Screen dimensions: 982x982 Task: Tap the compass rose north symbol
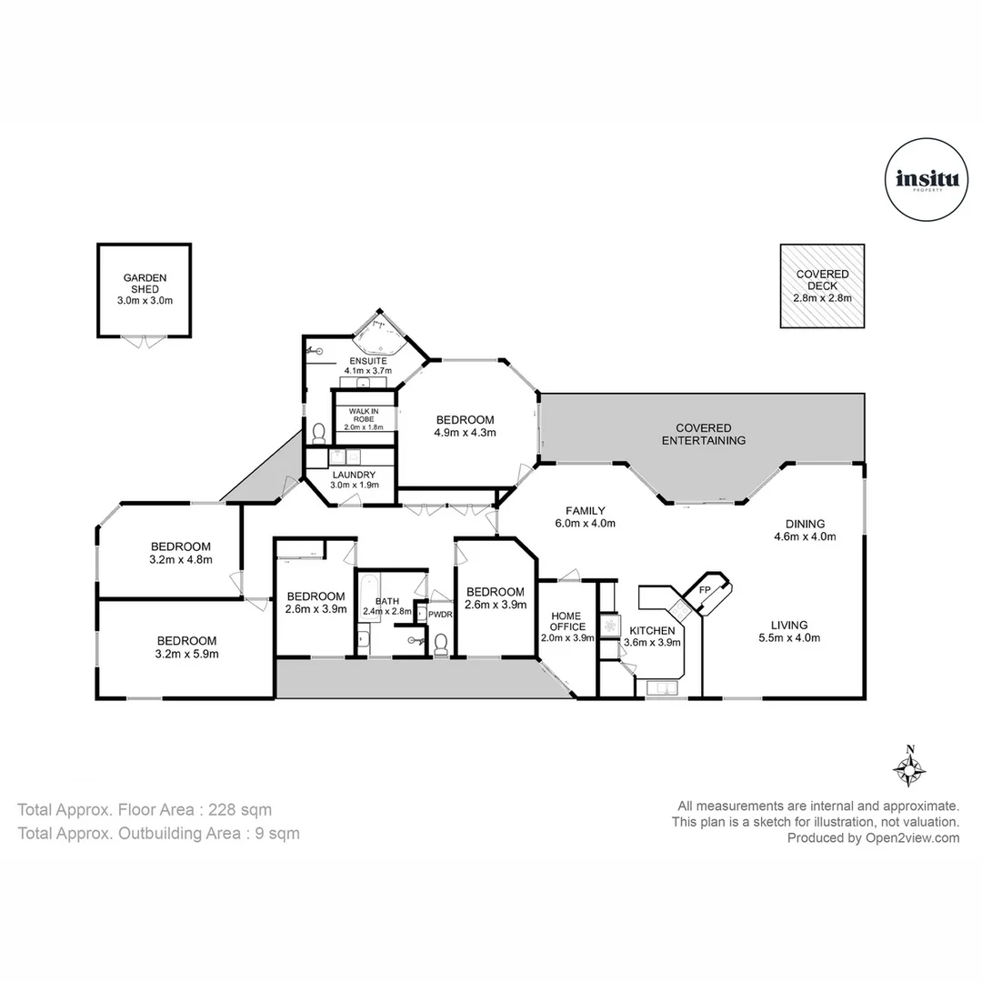pyautogui.click(x=909, y=767)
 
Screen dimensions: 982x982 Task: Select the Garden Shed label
pyautogui.click(x=145, y=289)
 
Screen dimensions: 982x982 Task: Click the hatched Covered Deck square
pyautogui.click(x=822, y=286)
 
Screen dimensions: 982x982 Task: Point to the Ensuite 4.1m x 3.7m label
pyautogui.click(x=367, y=366)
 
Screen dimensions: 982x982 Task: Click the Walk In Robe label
pyautogui.click(x=364, y=418)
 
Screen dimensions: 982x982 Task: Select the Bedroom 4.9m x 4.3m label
pyautogui.click(x=465, y=426)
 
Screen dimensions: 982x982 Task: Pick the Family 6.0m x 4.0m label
pyautogui.click(x=586, y=516)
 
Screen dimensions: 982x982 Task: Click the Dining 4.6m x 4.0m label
pyautogui.click(x=806, y=529)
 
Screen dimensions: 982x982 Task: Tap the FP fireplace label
pyautogui.click(x=704, y=590)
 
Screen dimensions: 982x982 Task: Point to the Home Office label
pyautogui.click(x=566, y=626)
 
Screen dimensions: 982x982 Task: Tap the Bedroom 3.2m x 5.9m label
pyautogui.click(x=186, y=646)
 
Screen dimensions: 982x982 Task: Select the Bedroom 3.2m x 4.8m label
pyautogui.click(x=181, y=553)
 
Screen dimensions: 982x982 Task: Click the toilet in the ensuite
pyautogui.click(x=318, y=431)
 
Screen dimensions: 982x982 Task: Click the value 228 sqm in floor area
pyautogui.click(x=240, y=809)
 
